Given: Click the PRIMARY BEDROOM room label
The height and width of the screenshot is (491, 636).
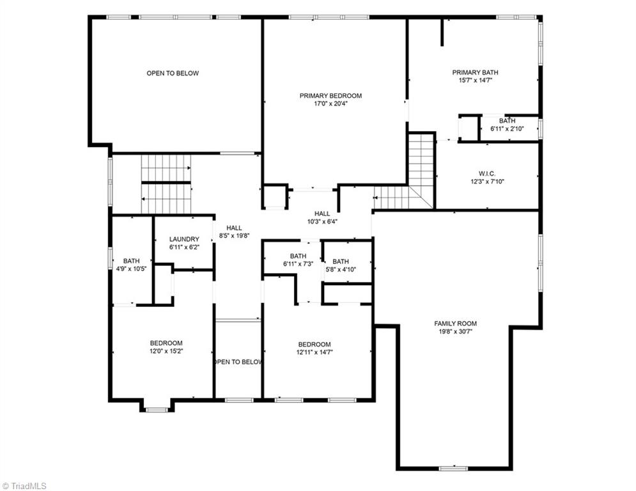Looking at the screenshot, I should click(330, 96).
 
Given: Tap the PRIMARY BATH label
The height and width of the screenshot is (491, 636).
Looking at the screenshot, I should click(471, 73).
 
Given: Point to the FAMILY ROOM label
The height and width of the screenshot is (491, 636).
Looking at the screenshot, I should click(455, 323).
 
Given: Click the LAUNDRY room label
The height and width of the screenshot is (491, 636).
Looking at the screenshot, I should click(184, 239).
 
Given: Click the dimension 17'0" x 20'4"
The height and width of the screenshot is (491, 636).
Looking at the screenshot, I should click(330, 104).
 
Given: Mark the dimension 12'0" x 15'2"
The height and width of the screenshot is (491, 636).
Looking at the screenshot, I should click(166, 351).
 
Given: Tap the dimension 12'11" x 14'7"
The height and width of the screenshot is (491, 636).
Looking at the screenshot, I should click(314, 352).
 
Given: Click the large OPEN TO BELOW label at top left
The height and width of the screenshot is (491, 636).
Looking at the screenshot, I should click(173, 73).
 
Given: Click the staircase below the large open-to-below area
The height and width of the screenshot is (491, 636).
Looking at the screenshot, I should click(166, 183).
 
